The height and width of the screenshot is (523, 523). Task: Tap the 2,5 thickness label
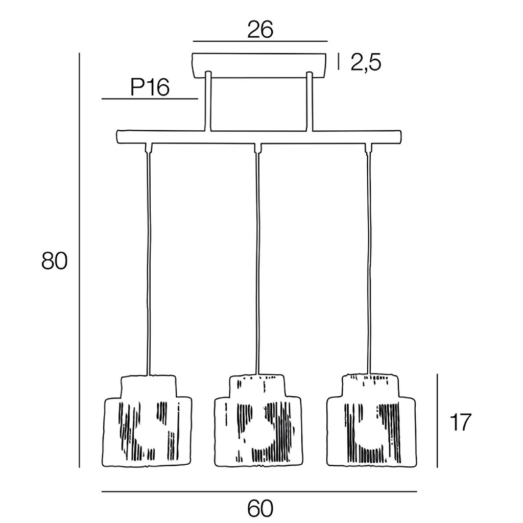pos(366,63)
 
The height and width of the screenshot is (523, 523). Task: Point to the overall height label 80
pos(55,261)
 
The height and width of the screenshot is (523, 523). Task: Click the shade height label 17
pos(460,422)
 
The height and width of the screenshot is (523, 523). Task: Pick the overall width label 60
pos(260,508)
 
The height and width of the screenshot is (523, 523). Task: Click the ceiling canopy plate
pos(259,65)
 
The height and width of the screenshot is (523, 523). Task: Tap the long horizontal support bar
pos(259,136)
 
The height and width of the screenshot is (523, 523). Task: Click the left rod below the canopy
pos(208,102)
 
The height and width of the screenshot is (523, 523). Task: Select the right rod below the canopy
pos(309,102)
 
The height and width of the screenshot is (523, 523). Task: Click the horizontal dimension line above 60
pos(259,492)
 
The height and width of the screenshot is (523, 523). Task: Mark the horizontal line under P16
pos(149,99)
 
